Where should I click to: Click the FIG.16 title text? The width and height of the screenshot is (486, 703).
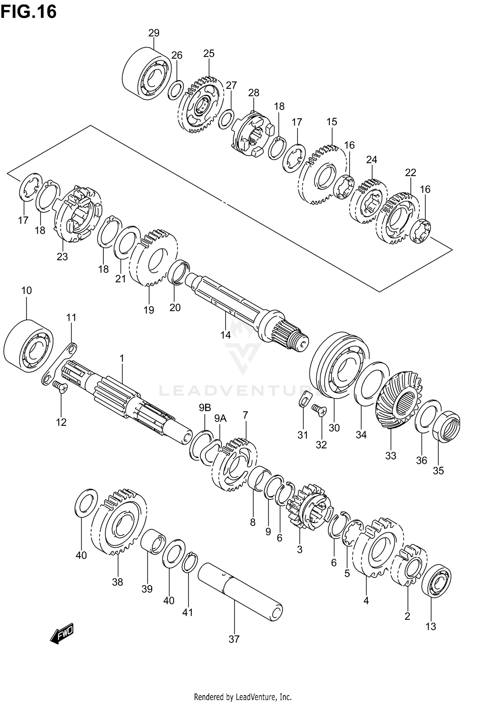[29, 12]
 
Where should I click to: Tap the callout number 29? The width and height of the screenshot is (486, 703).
[154, 33]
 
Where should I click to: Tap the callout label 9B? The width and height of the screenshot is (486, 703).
[205, 408]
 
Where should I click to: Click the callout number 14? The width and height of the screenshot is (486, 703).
[226, 335]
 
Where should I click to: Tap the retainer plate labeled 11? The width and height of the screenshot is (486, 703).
[60, 363]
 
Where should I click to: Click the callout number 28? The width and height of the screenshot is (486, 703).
[254, 93]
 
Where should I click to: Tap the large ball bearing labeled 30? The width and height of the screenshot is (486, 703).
[339, 365]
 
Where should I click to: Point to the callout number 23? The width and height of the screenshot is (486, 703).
[62, 257]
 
